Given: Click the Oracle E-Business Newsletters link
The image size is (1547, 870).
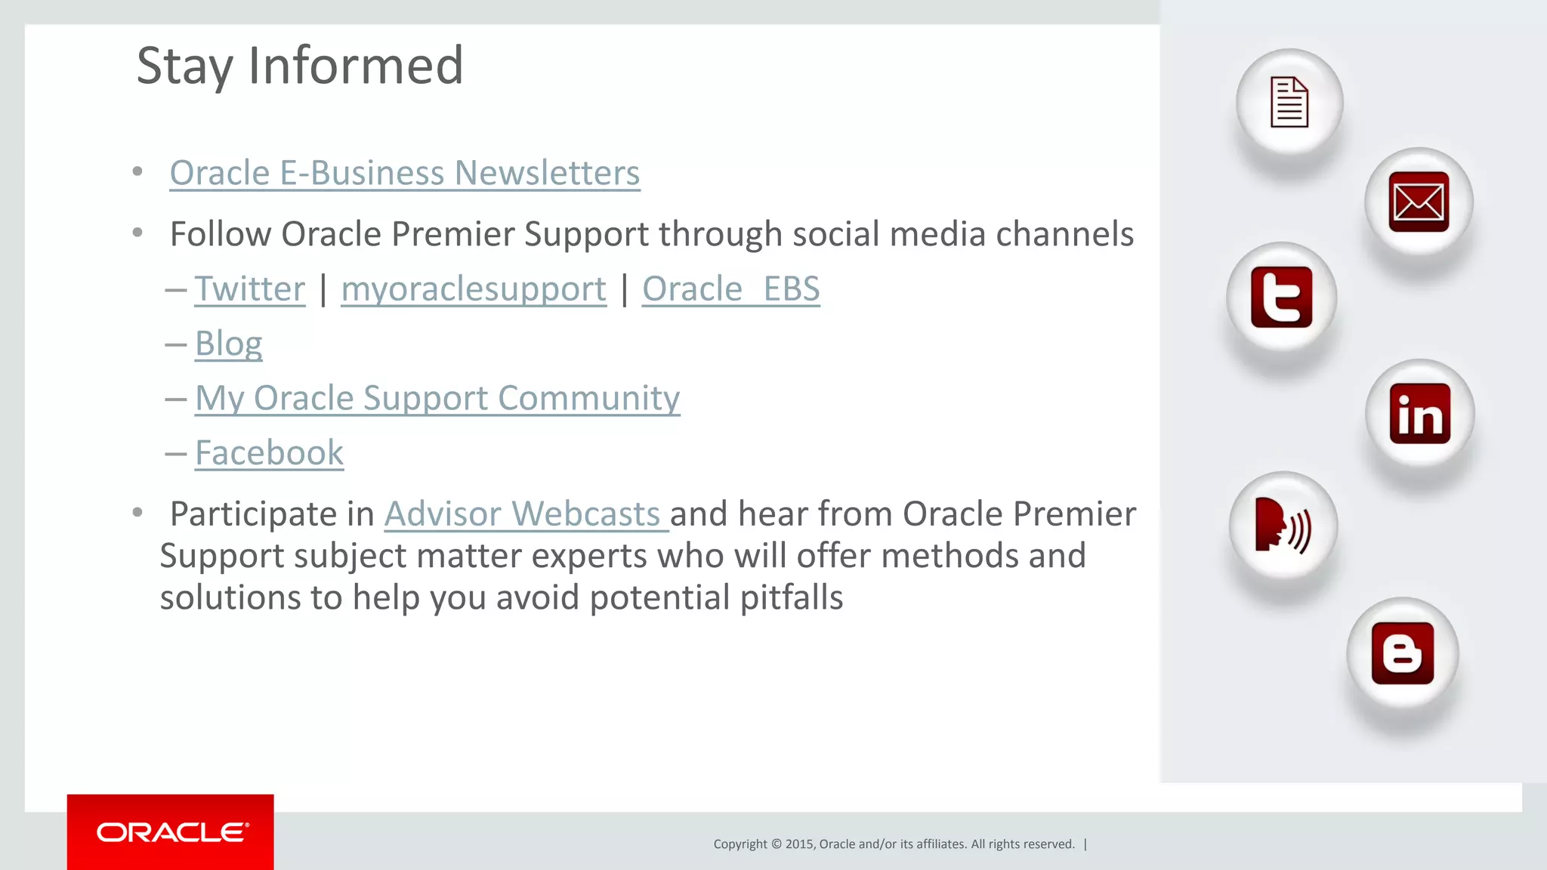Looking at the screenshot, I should point(404,173).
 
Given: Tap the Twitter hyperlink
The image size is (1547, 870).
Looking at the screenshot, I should point(249,289).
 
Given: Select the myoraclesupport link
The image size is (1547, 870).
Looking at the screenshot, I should point(474,289).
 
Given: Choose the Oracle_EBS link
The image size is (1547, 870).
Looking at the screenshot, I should point(730,289).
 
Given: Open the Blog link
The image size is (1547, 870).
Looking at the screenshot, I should point(228,344).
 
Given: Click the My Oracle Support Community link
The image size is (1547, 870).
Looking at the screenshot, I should point(437,398).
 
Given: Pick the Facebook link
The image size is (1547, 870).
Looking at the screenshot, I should point(269,453).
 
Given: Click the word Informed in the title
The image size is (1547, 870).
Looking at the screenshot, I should point(355,66).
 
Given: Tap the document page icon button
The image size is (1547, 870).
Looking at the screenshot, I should point(1289,102).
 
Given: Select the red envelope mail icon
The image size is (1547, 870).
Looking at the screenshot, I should point(1419,202).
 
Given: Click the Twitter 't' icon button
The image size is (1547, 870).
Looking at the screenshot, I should point(1281,297).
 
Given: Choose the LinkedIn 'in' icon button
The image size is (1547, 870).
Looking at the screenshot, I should point(1419,413).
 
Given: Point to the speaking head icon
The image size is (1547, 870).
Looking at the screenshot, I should point(1282,525).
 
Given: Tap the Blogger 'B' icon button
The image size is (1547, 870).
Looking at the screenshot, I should point(1402,653).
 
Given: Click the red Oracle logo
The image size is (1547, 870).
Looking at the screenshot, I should point(171,832).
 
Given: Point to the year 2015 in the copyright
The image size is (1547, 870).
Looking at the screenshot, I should point(800,844).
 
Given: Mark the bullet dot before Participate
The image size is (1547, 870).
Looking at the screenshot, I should point(137,514).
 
